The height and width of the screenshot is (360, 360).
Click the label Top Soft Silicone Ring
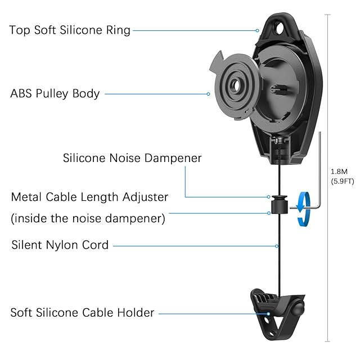70,30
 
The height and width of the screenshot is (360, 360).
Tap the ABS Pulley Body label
55,93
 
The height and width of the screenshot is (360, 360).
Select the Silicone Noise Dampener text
132,158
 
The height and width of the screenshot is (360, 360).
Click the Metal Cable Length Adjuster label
90,197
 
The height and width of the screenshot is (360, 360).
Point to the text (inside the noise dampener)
88,218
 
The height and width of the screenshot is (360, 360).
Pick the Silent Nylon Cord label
60,245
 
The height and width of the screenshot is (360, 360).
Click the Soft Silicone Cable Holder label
82,312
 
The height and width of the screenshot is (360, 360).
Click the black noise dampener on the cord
278,205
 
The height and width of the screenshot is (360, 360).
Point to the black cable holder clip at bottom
276,313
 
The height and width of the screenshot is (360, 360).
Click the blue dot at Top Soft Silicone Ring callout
258,30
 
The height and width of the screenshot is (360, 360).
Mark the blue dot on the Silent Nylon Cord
278,245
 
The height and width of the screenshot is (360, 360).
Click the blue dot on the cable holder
269,312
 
